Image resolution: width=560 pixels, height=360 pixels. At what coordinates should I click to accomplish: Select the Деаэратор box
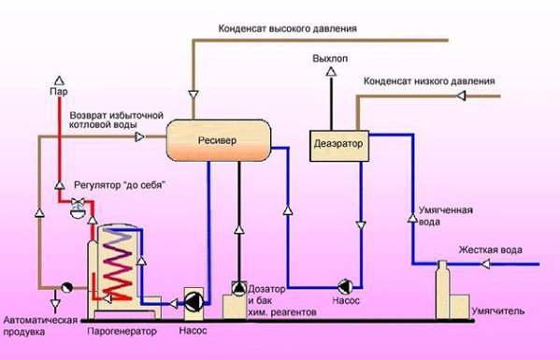click(337, 147)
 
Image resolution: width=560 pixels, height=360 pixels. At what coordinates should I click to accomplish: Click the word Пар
click(58, 93)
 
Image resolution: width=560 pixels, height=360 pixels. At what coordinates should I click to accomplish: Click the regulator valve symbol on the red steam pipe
click(78, 211)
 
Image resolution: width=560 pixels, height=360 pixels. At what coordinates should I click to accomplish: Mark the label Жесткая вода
click(489, 251)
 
